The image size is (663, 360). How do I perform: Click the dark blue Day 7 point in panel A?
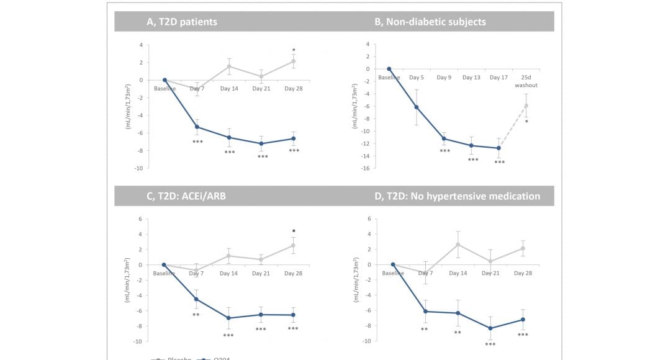(x=197, y=127)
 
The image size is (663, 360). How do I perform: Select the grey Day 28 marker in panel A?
(x=294, y=61)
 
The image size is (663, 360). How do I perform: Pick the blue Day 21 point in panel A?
(x=261, y=143)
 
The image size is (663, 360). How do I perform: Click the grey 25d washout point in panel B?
(x=526, y=106)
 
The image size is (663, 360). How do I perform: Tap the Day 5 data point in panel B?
(x=417, y=107)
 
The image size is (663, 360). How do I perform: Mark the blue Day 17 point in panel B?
(x=498, y=148)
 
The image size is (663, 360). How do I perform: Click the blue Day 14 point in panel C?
(x=229, y=318)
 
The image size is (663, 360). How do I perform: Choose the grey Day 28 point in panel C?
(x=294, y=245)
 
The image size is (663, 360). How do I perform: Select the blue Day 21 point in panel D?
(x=490, y=328)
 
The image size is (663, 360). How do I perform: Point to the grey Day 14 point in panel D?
(x=458, y=245)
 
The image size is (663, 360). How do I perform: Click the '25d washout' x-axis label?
(x=526, y=81)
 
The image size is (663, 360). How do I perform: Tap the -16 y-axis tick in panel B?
(x=366, y=168)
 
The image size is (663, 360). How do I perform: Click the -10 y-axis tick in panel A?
(x=139, y=168)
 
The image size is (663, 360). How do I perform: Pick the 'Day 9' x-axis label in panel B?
(x=444, y=78)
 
